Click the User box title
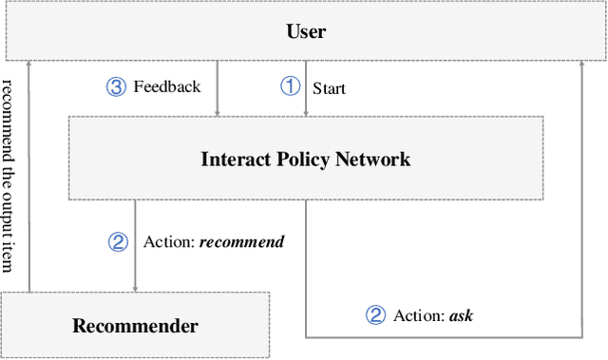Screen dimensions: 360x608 306,31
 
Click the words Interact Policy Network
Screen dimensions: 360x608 306,159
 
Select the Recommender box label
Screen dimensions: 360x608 135,326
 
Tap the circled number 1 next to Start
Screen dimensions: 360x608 289,86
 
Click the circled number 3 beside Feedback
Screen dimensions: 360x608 115,86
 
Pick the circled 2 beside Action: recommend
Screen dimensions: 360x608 117,241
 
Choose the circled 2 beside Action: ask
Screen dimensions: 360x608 376,314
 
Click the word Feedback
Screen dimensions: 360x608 167,86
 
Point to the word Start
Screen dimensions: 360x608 330,88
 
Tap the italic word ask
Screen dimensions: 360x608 461,314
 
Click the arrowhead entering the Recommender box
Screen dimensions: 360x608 135,288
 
